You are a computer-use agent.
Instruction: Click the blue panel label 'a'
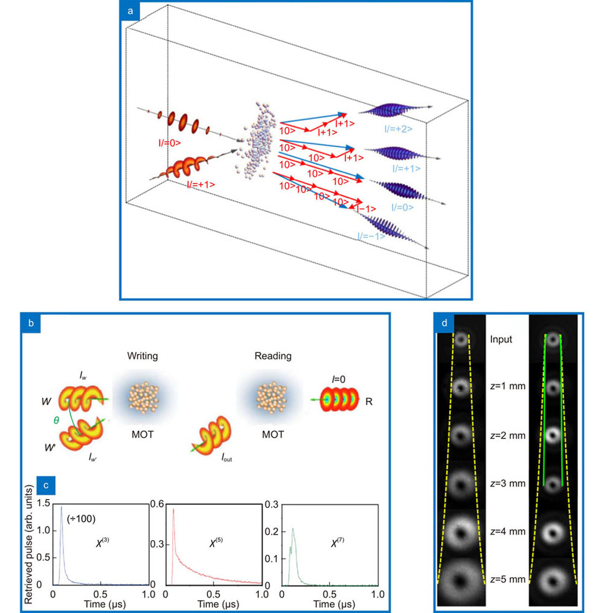point(130,10)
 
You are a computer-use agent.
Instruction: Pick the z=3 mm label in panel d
point(507,483)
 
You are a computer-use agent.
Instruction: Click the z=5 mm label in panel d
point(507,580)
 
